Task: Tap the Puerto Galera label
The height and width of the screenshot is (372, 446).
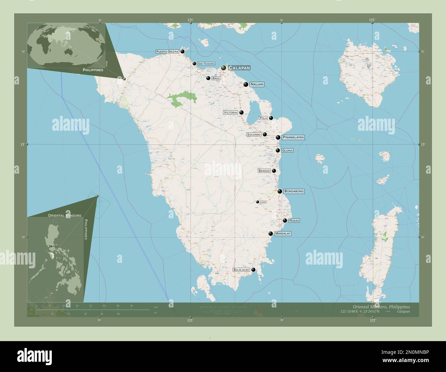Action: (x=167, y=51)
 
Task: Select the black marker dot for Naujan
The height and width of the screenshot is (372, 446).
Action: (x=246, y=84)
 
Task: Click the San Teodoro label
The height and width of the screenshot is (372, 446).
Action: (x=206, y=64)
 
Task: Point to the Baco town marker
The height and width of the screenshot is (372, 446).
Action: (x=208, y=78)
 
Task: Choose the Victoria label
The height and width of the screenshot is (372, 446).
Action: (x=230, y=113)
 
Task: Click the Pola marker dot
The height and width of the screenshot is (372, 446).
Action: (x=271, y=118)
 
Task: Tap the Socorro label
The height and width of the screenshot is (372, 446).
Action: (x=254, y=135)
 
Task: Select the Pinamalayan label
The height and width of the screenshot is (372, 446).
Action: (x=293, y=137)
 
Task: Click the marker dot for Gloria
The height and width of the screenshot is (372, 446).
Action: (x=278, y=150)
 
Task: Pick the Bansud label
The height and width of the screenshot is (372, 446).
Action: (x=264, y=171)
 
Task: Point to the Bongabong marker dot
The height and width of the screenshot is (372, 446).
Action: (x=280, y=191)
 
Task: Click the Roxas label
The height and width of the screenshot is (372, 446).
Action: (x=294, y=221)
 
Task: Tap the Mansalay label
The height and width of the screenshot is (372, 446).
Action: (x=283, y=234)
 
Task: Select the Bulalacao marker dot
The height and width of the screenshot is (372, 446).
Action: (x=254, y=270)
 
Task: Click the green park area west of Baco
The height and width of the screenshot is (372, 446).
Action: (x=182, y=97)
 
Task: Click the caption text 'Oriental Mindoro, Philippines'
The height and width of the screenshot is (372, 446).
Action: (x=381, y=306)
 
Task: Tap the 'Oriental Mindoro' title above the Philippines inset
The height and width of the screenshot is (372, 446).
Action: (x=62, y=215)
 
